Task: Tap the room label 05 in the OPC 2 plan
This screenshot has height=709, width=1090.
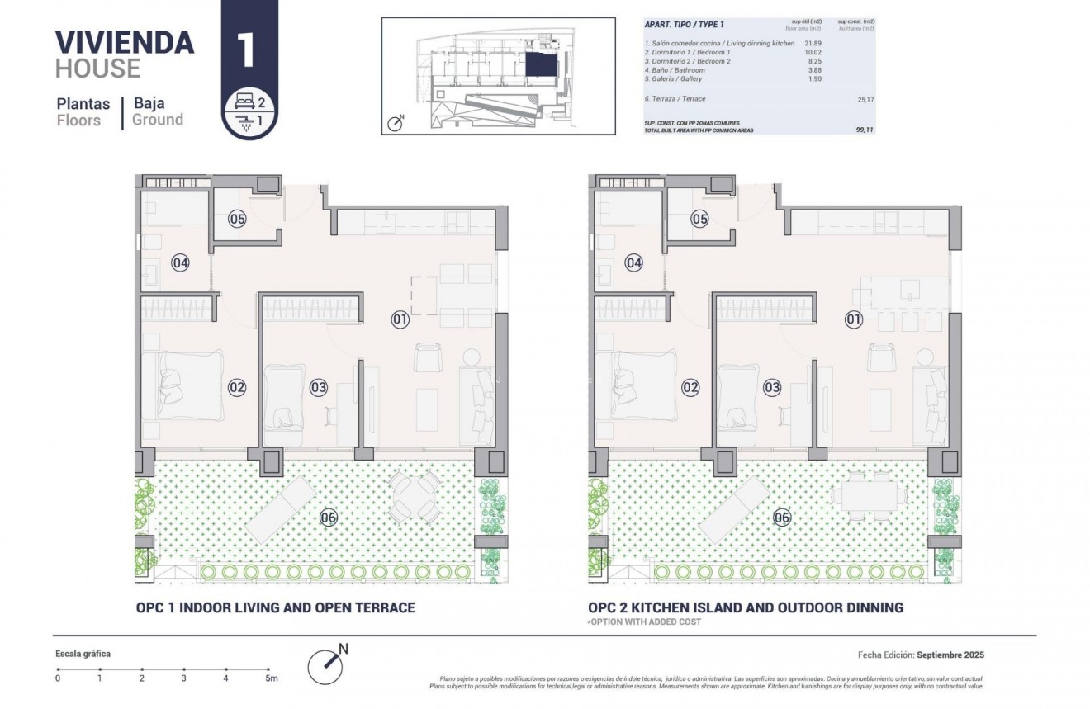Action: (x=699, y=219)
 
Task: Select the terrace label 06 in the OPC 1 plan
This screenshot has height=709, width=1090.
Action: (x=328, y=518)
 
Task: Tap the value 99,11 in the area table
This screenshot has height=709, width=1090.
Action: (x=864, y=130)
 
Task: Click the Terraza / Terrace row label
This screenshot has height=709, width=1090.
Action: (x=675, y=98)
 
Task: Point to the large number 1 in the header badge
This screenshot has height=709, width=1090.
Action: (x=245, y=50)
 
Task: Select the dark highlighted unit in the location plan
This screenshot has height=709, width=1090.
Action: (x=541, y=64)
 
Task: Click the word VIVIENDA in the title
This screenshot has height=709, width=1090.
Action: (x=124, y=41)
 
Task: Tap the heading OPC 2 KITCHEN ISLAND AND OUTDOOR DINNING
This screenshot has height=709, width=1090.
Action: (x=746, y=607)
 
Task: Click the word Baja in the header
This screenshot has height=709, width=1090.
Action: (x=149, y=103)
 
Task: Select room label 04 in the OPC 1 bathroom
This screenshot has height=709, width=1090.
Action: (x=180, y=262)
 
